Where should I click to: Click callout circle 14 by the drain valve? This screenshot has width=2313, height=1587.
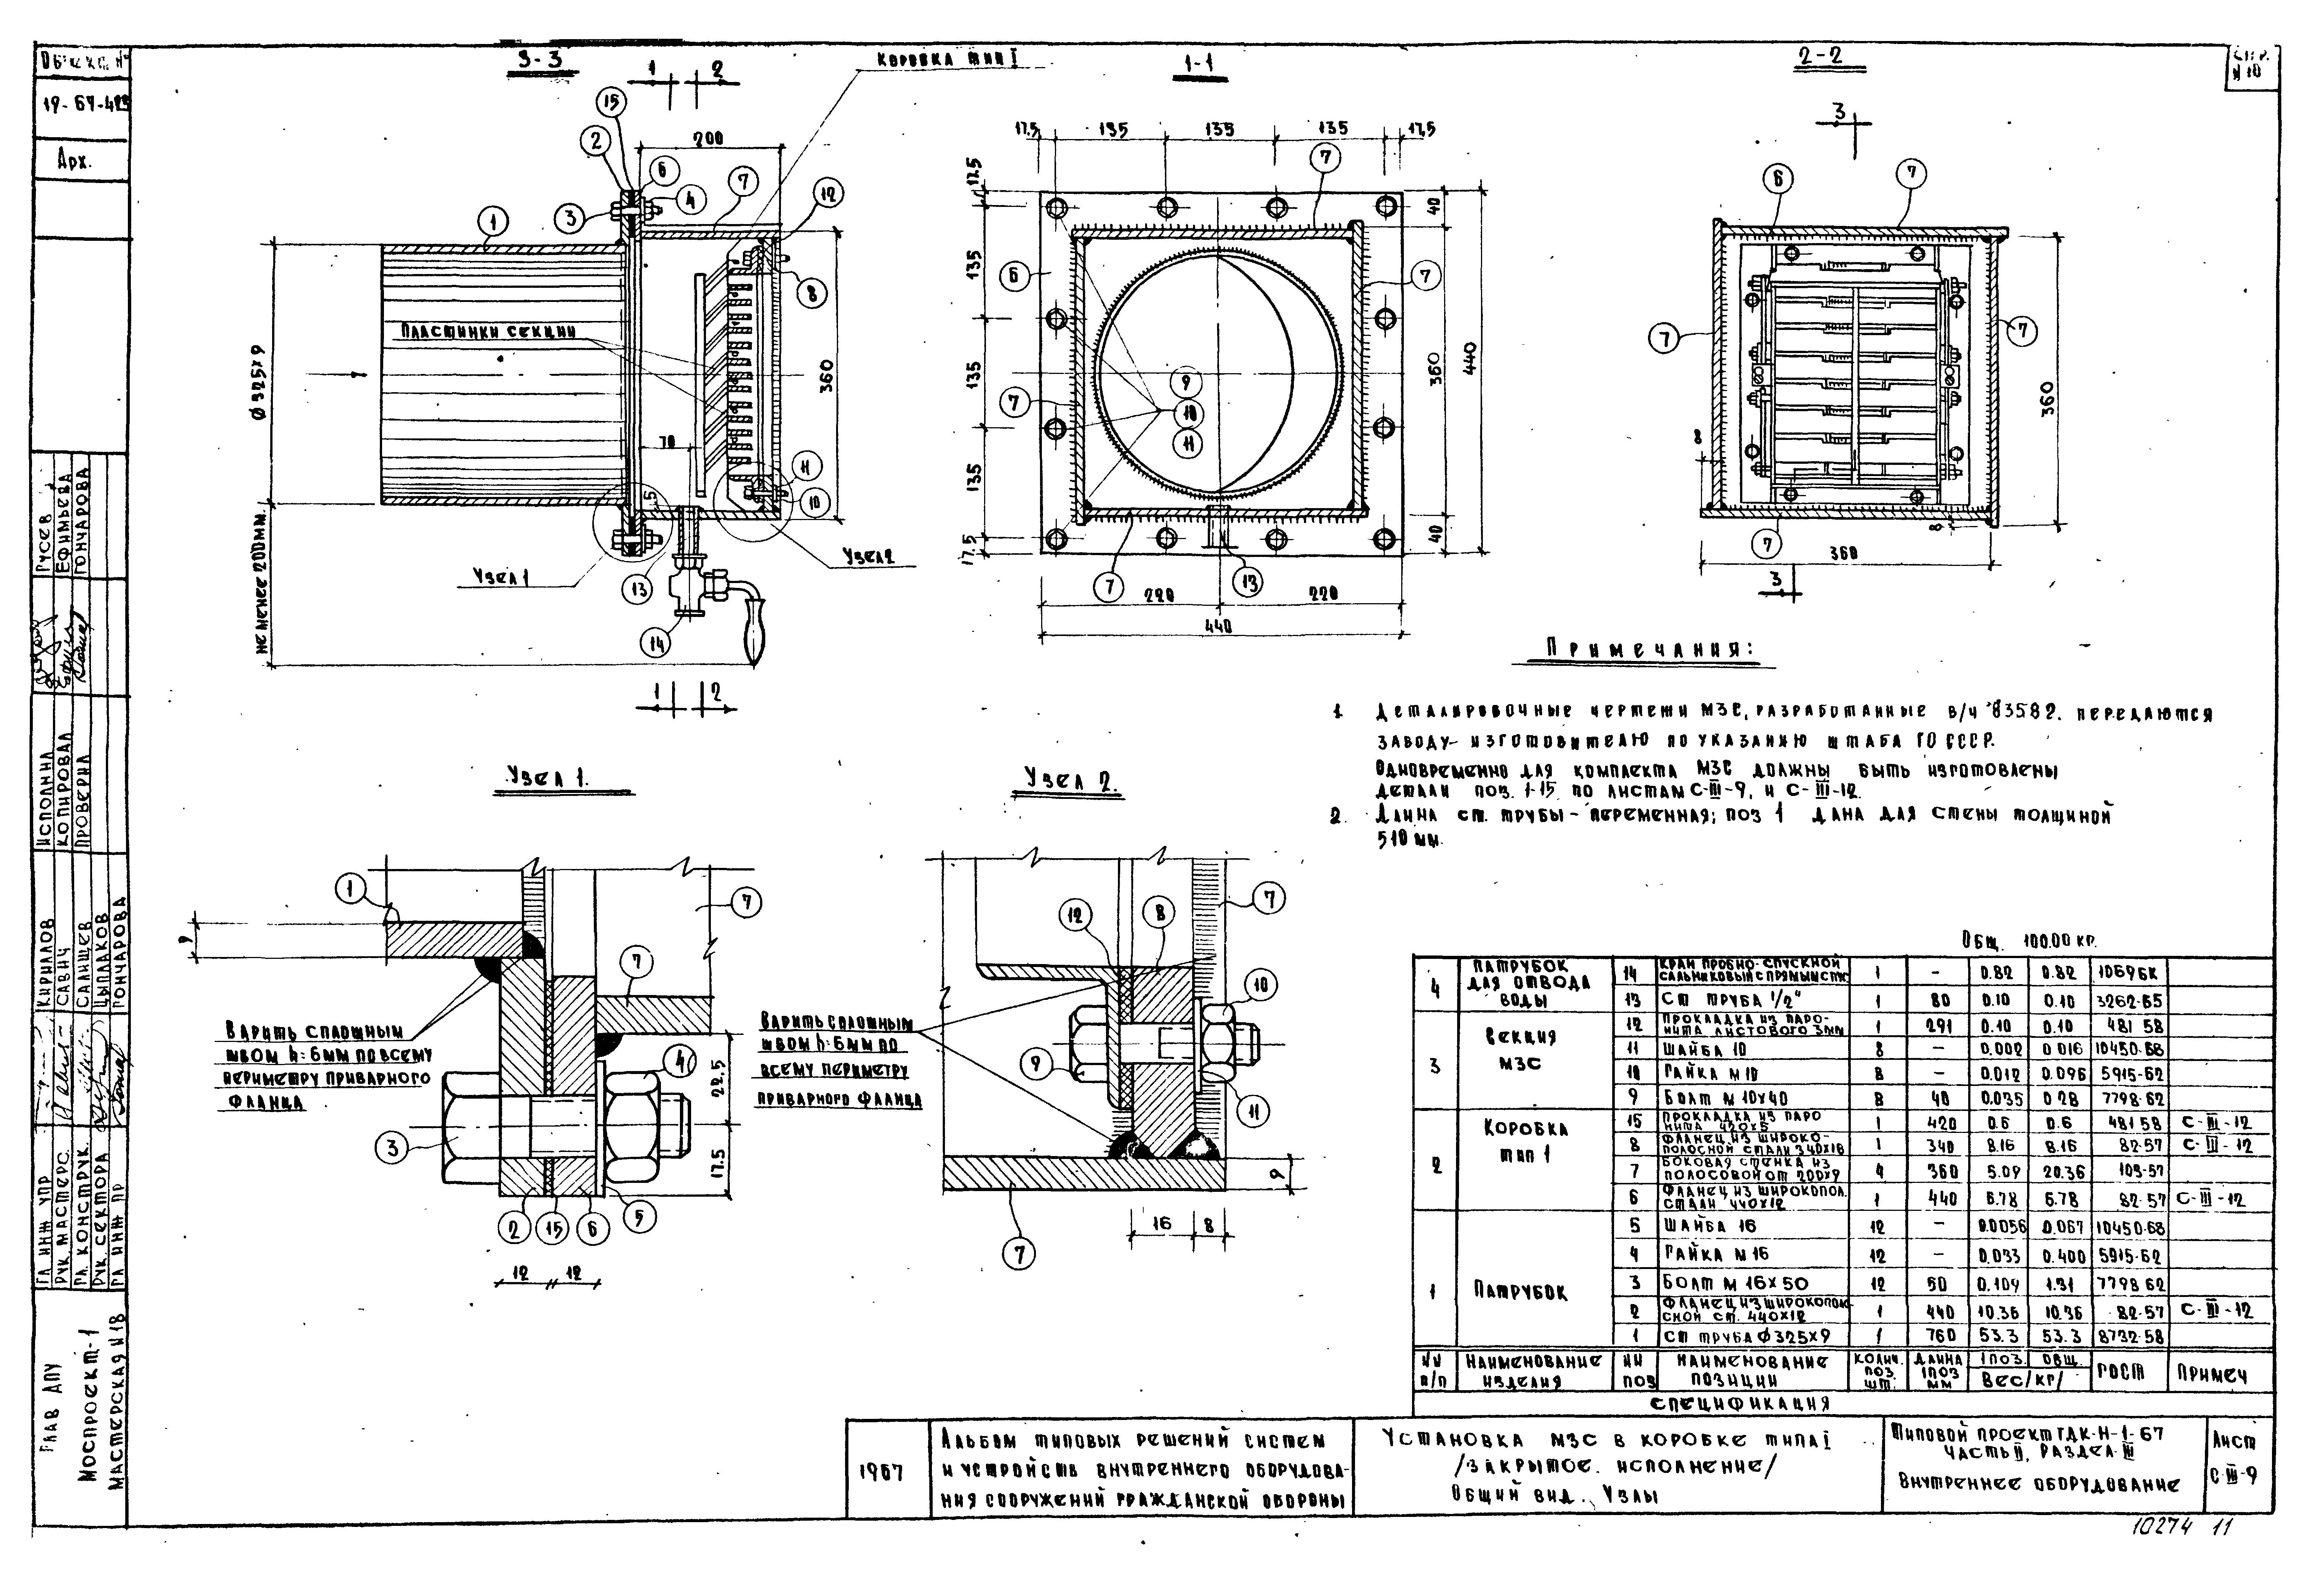[x=655, y=644]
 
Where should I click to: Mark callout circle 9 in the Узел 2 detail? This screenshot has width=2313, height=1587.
[x=1036, y=1064]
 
